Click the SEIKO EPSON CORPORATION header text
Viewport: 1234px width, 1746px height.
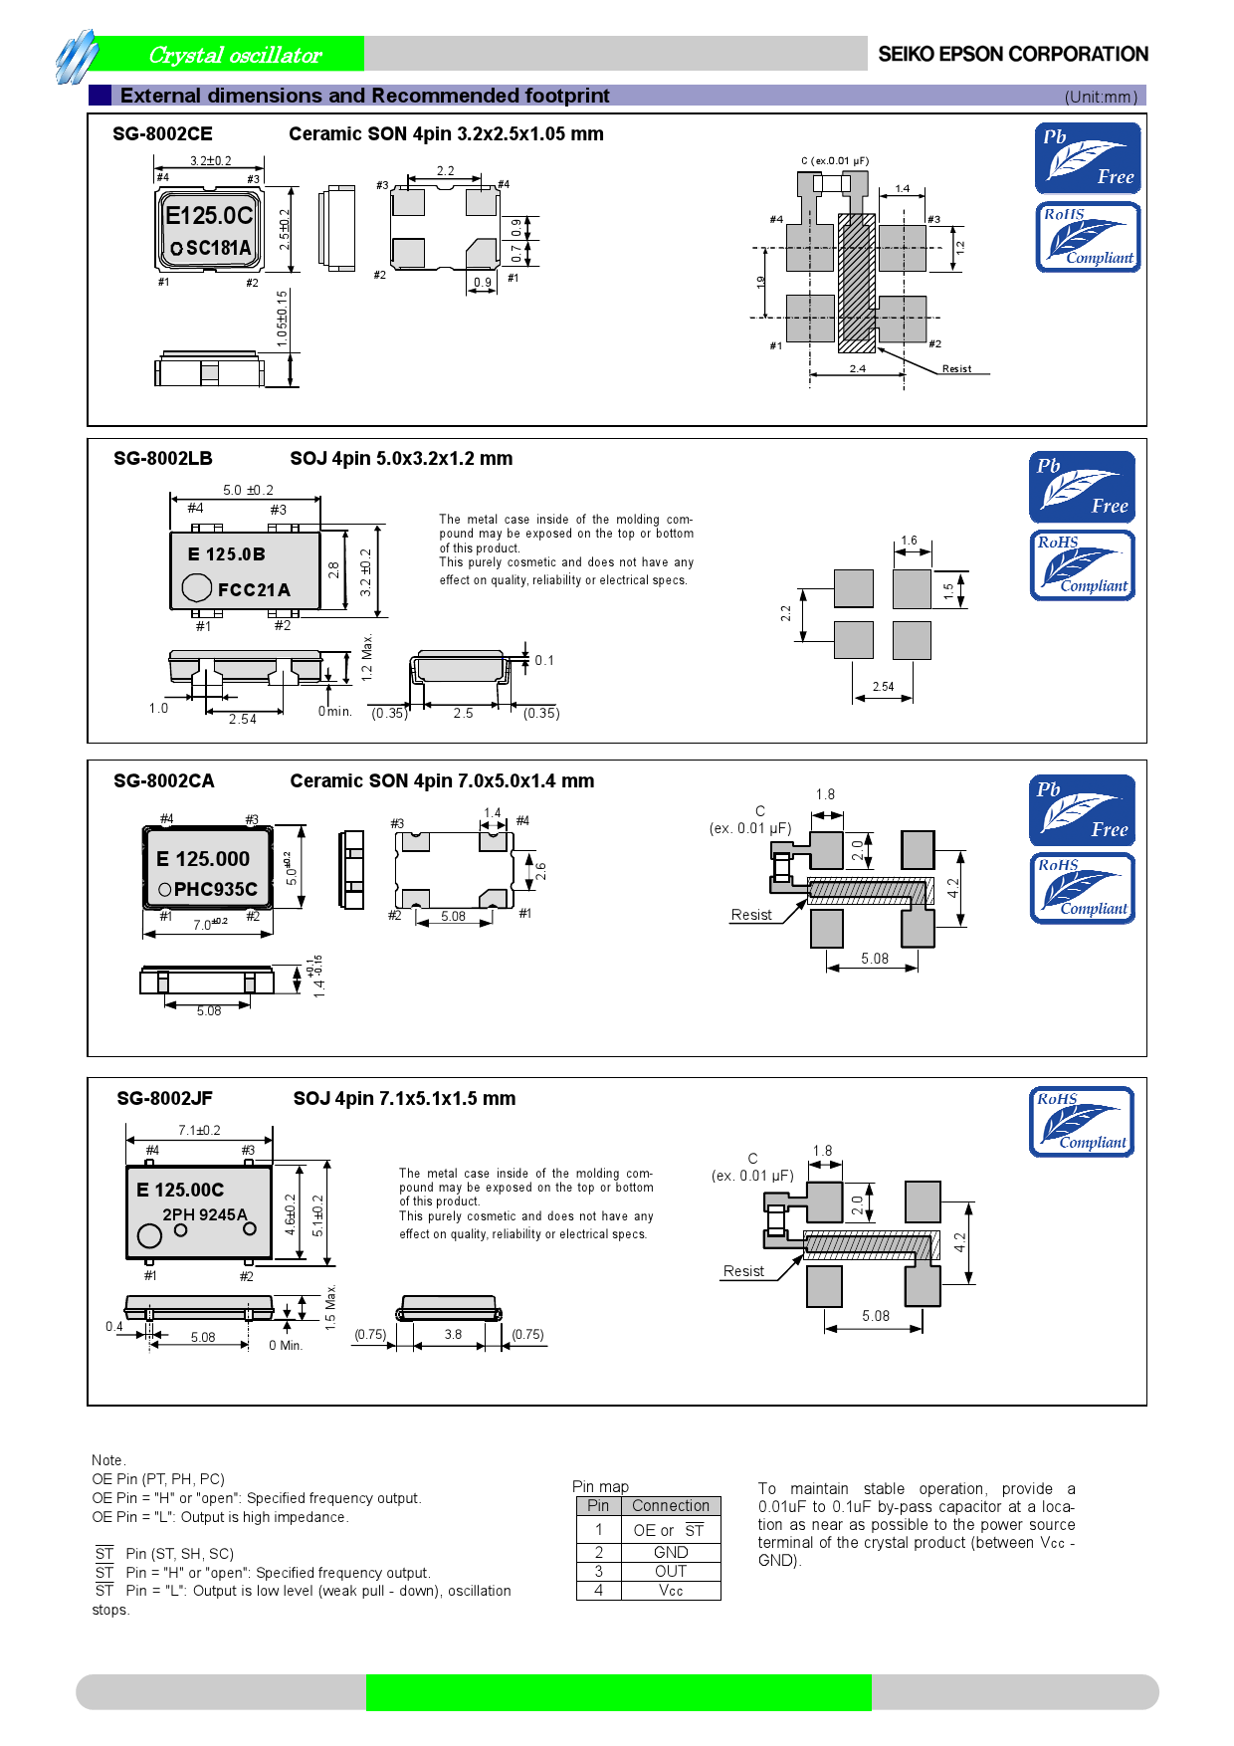(x=1012, y=54)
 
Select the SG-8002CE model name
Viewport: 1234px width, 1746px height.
(x=162, y=133)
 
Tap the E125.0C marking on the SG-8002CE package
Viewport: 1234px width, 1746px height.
(x=209, y=215)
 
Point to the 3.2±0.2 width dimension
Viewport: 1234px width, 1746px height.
(x=210, y=160)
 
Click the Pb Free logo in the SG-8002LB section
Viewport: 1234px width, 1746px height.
(x=1082, y=487)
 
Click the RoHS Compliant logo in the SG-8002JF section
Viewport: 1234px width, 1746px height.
(x=1082, y=1122)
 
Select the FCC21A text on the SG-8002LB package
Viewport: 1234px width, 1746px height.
(x=254, y=590)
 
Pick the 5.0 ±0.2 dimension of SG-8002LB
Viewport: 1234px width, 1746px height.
(x=248, y=490)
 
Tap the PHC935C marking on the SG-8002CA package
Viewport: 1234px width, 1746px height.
(x=215, y=889)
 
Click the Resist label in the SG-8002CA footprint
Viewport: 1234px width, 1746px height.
(x=750, y=915)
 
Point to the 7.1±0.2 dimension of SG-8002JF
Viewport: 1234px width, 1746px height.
(x=199, y=1130)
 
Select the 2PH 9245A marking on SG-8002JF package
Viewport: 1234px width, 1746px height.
(x=204, y=1214)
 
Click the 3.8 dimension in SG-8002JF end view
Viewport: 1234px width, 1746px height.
(x=453, y=1334)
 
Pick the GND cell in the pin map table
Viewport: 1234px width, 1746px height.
(x=670, y=1552)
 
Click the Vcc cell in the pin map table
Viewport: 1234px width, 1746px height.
(x=670, y=1590)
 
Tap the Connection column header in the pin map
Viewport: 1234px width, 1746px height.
(x=670, y=1505)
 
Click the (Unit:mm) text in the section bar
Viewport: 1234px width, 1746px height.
(x=1100, y=97)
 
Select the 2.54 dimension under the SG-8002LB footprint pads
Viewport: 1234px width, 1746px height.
(x=883, y=686)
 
